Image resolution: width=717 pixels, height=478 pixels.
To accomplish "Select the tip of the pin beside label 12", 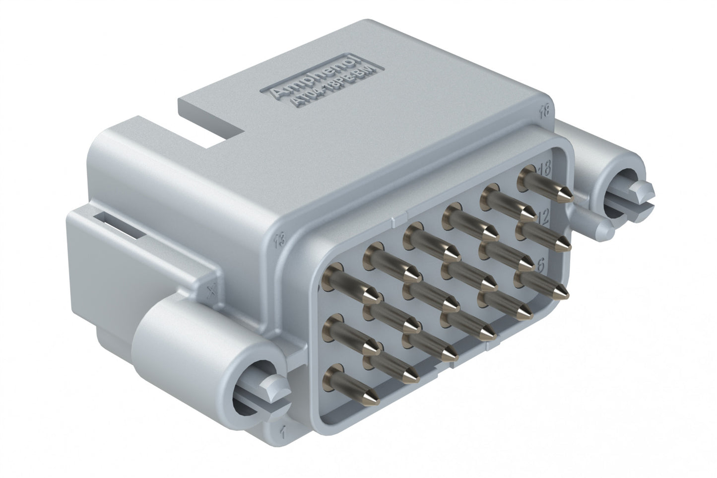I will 565,244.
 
